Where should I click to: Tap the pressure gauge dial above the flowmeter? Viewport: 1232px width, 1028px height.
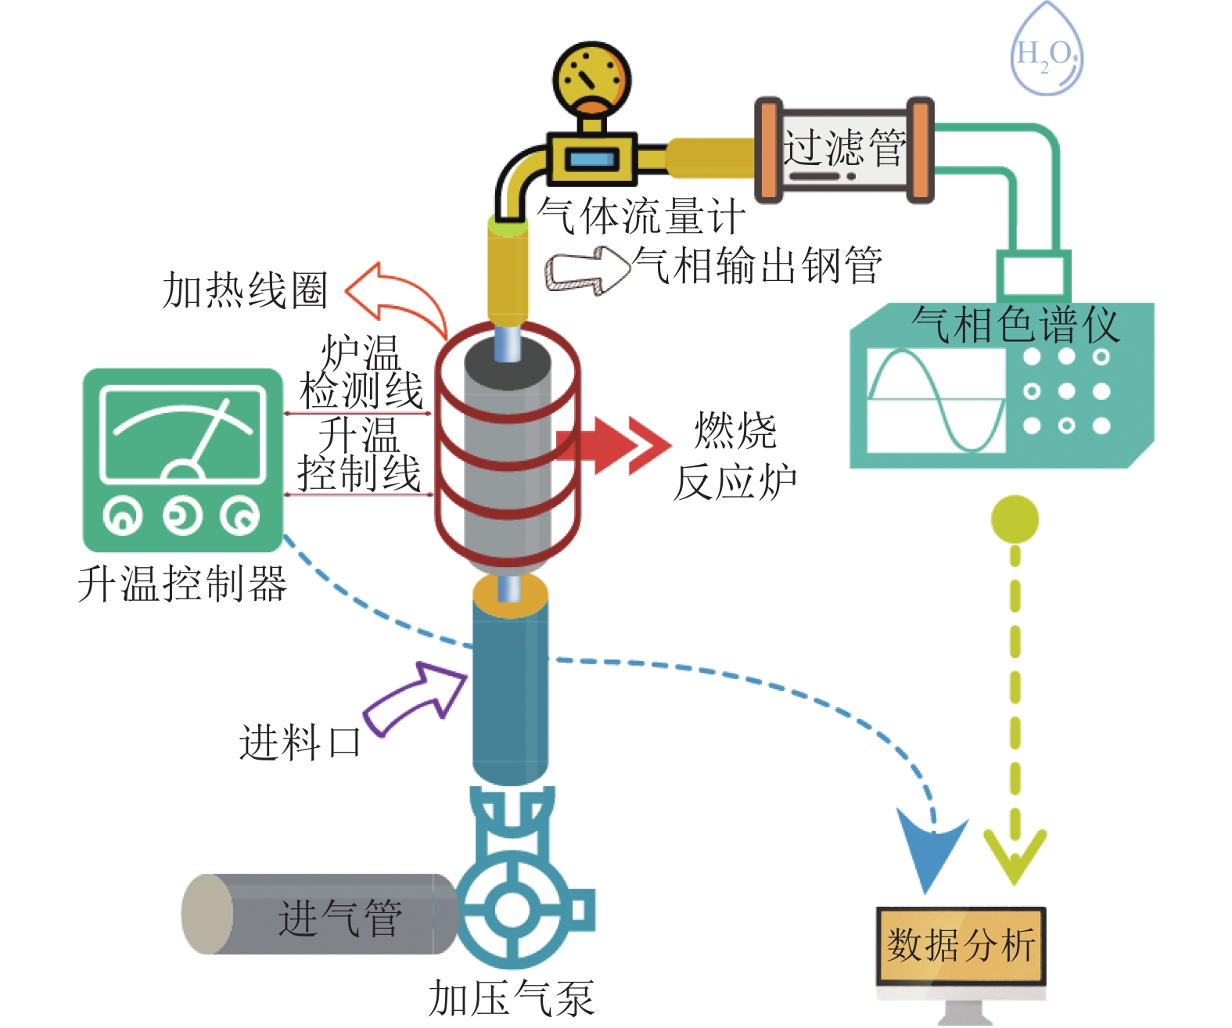(592, 78)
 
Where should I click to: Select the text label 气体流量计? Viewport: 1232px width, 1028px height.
(640, 215)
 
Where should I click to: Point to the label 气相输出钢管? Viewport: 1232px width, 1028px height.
(757, 266)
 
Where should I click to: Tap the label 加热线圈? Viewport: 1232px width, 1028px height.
(244, 290)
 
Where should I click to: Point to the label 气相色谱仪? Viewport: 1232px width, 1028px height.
(1015, 324)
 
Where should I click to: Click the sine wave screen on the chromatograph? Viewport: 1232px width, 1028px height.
(936, 400)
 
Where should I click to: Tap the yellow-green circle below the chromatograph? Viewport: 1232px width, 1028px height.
(1015, 519)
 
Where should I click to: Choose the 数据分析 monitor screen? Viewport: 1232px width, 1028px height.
(961, 945)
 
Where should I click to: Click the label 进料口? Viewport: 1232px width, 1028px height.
(300, 742)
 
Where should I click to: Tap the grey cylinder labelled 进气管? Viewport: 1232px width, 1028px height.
(321, 915)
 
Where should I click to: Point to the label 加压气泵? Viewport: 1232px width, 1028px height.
(511, 999)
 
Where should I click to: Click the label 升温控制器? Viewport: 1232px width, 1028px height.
(181, 584)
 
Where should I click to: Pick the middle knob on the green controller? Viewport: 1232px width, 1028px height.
(182, 516)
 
